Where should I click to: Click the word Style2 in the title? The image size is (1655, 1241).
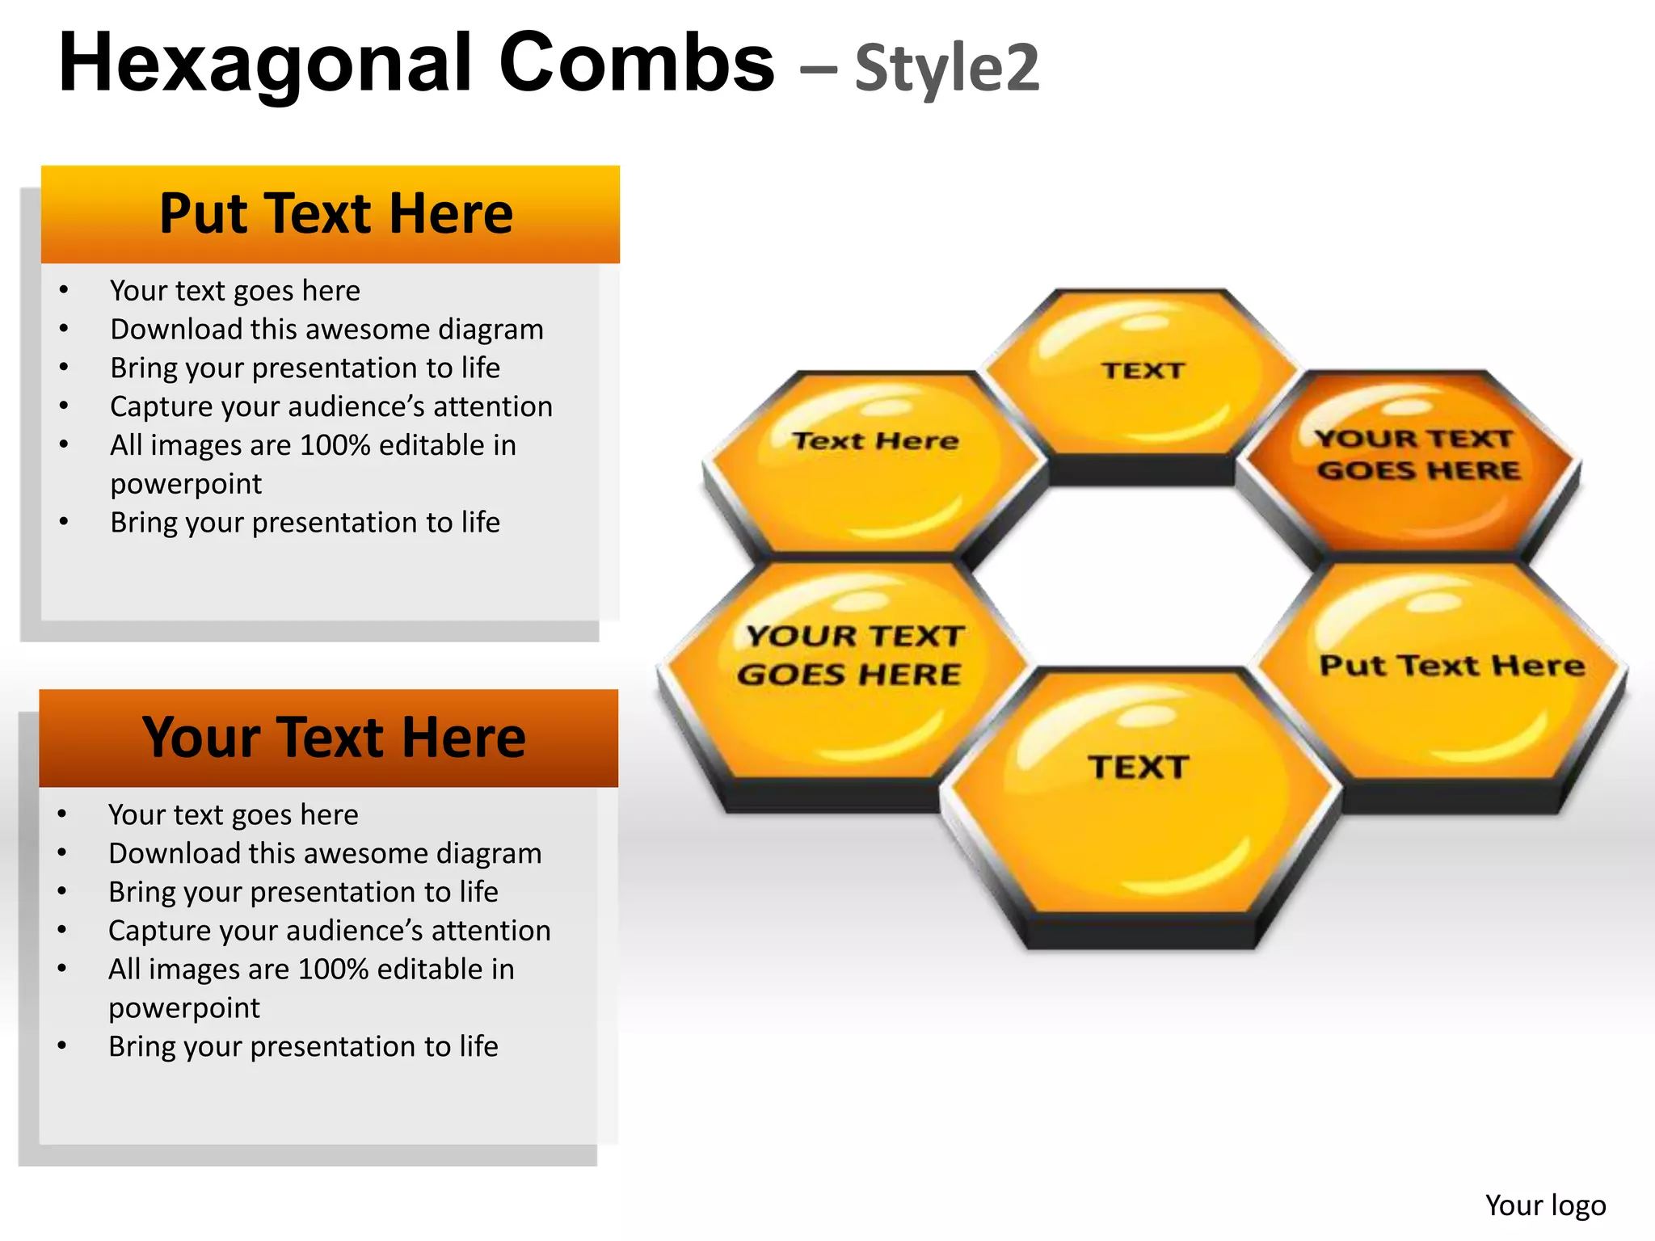point(947,68)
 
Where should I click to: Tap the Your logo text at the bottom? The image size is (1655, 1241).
point(1545,1205)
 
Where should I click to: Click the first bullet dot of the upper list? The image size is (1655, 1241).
point(64,291)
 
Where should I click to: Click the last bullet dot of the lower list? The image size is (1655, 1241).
point(62,1046)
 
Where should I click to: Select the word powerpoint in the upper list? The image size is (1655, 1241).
point(186,484)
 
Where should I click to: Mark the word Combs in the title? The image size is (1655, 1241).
point(637,65)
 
